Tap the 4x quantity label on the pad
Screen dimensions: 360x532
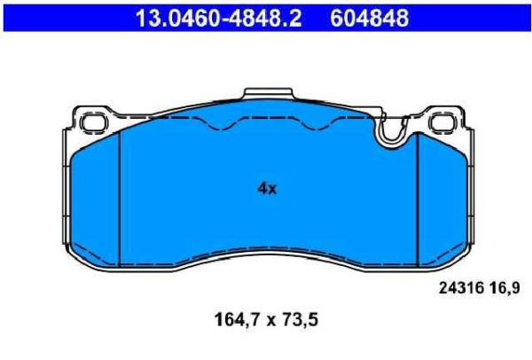tap(267, 188)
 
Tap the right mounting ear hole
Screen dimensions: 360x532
tap(444, 120)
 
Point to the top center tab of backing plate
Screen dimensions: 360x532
tap(267, 97)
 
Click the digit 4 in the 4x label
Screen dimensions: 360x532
tap(262, 188)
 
